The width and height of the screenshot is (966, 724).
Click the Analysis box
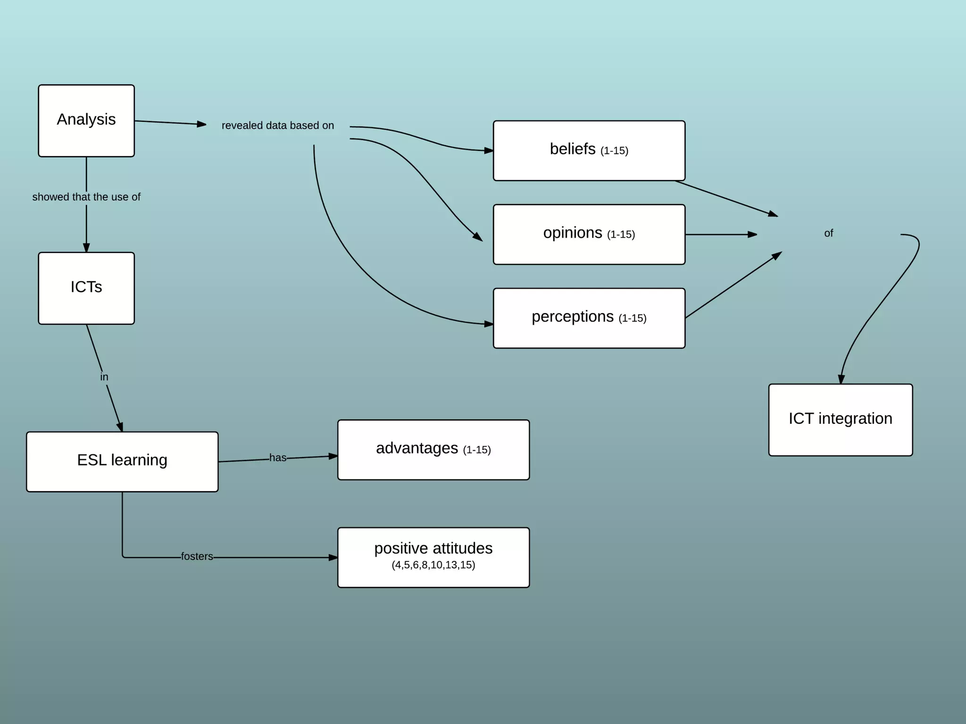tap(86, 121)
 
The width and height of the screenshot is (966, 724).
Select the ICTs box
tap(86, 288)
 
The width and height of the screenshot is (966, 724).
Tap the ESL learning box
tap(122, 461)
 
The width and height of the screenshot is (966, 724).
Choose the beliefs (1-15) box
tap(589, 150)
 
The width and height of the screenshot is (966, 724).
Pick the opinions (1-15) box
tap(589, 234)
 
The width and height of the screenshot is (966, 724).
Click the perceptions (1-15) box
tap(589, 318)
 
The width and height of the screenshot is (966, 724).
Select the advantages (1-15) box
tap(433, 450)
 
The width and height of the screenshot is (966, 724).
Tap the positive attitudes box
tap(433, 557)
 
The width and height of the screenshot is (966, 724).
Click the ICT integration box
tap(840, 420)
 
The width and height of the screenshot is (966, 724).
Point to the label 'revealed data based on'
tap(278, 125)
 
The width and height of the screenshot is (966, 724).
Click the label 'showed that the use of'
tap(86, 197)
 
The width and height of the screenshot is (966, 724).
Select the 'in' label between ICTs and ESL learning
tap(104, 377)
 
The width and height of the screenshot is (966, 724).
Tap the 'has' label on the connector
tap(278, 458)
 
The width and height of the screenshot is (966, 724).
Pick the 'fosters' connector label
tap(197, 557)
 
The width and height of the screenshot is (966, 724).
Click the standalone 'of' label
tap(828, 233)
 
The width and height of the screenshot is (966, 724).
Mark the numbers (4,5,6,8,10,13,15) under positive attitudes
tap(433, 565)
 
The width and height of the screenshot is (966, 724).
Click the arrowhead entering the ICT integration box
tap(841, 379)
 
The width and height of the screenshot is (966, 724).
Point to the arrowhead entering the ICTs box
tap(86, 247)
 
